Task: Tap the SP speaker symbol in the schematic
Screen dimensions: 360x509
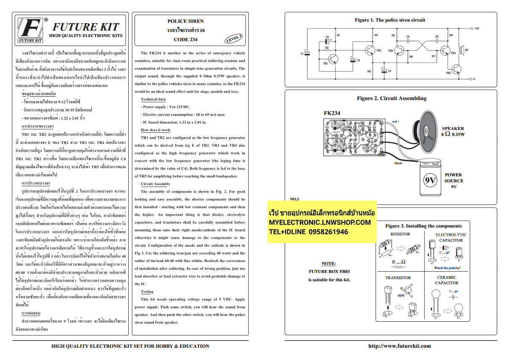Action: pyautogui.click(x=461, y=50)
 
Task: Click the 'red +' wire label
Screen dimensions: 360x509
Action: pyautogui.click(x=395, y=122)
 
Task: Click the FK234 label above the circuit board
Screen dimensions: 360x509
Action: pyautogui.click(x=332, y=113)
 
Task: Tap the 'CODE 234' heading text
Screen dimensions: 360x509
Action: pyautogui.click(x=186, y=40)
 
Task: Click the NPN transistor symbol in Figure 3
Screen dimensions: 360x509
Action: pyautogui.click(x=405, y=291)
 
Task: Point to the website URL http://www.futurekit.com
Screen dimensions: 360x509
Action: pyautogui.click(x=399, y=346)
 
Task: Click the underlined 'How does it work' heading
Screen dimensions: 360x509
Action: pyautogui.click(x=156, y=130)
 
